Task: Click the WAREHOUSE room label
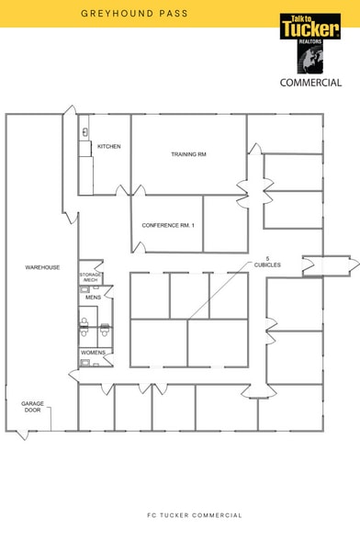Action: [x=42, y=267]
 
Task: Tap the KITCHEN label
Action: [x=109, y=146]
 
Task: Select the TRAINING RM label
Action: [x=188, y=154]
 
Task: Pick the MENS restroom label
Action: [x=93, y=298]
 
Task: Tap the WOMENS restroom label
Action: [x=94, y=353]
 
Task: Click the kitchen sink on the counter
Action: [x=84, y=132]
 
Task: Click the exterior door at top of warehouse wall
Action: [x=69, y=121]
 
